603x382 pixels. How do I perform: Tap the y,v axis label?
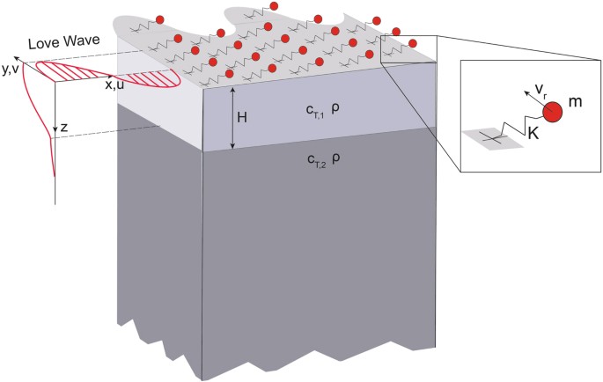click(11, 67)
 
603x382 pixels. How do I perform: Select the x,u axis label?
click(114, 85)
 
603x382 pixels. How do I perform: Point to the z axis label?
click(63, 128)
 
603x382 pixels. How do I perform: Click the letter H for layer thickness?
click(251, 114)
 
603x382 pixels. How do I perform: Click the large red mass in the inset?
click(554, 113)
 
